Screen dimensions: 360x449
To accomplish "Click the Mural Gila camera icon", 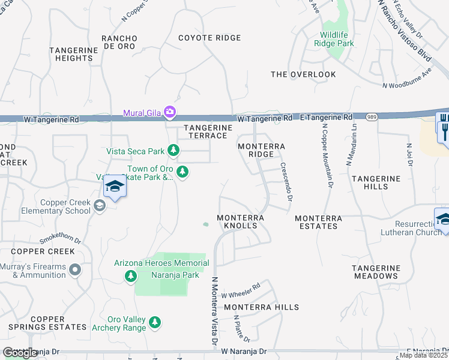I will pos(170,112).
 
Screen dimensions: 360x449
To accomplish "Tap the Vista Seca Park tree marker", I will pos(173,150).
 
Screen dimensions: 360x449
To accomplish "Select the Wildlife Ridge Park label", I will pos(334,39).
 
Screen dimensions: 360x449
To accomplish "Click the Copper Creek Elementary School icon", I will pos(99,206).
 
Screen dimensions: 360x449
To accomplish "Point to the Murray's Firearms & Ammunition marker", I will pos(75,270).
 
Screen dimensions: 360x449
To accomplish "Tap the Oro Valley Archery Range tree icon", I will pos(155,323).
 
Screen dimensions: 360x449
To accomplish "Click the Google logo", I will pos(20,352).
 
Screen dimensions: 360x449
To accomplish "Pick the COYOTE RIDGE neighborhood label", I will pos(209,38).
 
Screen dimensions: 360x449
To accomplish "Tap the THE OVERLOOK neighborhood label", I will pos(303,74).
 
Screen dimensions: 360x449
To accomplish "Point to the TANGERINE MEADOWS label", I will pos(375,272).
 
